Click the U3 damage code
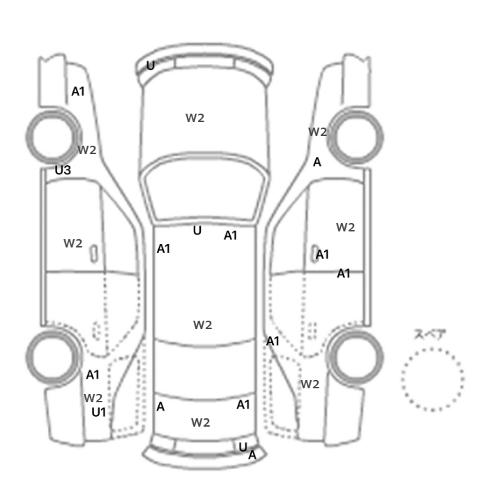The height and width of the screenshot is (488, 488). pos(63,170)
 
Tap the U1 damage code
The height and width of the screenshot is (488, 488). pos(99,413)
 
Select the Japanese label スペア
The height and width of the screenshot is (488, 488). pos(426,334)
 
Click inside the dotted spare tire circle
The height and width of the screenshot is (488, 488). pos(432,379)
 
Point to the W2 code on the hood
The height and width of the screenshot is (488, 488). pos(195,118)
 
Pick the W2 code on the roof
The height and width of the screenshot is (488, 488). pos(203,325)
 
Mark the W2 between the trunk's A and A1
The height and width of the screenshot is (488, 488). pos(201,422)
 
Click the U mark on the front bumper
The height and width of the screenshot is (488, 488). pos(151,66)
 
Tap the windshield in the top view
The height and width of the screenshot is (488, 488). pos(204,189)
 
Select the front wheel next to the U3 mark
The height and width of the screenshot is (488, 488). pos(53,137)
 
